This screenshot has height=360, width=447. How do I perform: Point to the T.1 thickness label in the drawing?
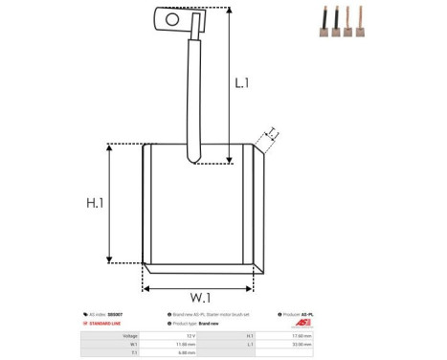point(272,133)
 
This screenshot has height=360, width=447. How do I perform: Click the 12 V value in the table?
point(190,336)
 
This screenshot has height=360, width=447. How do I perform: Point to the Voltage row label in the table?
point(131,336)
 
